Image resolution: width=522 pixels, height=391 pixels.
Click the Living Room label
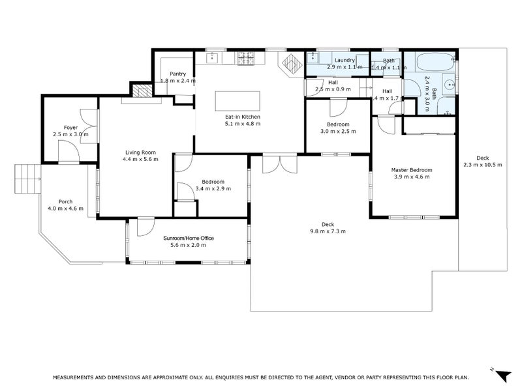click(x=140, y=152)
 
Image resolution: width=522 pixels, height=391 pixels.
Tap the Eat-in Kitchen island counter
click(x=238, y=101)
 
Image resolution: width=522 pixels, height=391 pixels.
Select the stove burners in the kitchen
click(x=246, y=58)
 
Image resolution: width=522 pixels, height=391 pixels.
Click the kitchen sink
click(x=212, y=58)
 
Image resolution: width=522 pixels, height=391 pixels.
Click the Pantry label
click(x=177, y=74)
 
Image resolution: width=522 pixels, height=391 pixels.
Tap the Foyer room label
click(x=70, y=127)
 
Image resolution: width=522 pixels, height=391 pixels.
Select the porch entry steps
click(x=27, y=179)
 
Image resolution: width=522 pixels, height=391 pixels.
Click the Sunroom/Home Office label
click(x=189, y=238)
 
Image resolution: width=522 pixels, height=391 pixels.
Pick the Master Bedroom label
click(x=412, y=170)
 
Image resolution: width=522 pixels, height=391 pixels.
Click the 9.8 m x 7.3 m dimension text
click(x=328, y=231)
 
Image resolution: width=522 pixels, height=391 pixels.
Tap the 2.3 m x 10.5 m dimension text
click(x=483, y=165)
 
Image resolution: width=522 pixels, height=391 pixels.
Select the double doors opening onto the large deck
click(x=280, y=164)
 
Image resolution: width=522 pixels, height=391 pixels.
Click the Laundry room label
click(x=345, y=60)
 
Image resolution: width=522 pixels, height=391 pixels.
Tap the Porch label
click(x=66, y=201)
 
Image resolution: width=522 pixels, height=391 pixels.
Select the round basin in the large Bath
click(x=450, y=85)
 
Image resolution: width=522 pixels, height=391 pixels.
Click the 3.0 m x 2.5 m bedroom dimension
click(x=338, y=132)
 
